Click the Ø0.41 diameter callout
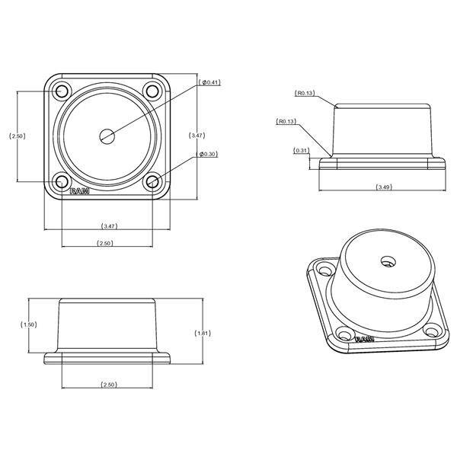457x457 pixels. [209, 82]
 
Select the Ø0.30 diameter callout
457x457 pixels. [207, 154]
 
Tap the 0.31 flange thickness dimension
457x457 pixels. [301, 150]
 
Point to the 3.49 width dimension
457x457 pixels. [384, 187]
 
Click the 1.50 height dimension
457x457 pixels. [29, 324]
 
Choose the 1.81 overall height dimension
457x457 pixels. [203, 333]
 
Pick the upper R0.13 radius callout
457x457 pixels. [305, 93]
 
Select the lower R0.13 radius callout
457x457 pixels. [286, 121]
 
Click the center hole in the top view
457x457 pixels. [107, 136]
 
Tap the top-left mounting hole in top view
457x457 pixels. [62, 91]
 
